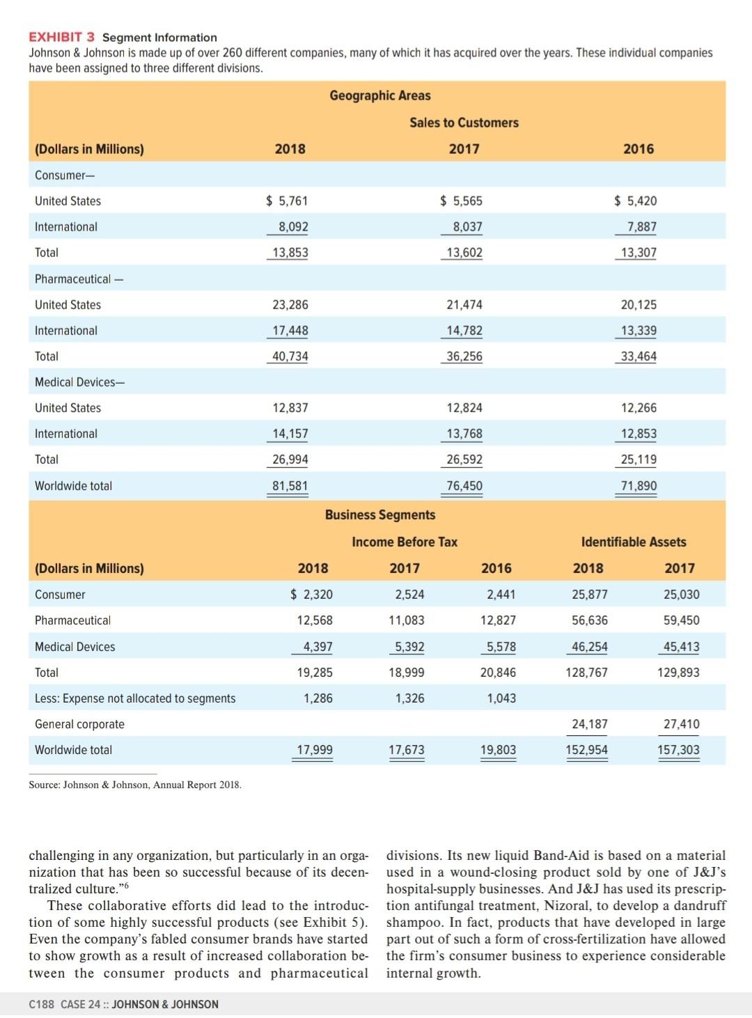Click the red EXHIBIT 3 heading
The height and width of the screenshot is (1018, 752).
pyautogui.click(x=61, y=37)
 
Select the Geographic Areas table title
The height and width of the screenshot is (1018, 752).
pyautogui.click(x=379, y=95)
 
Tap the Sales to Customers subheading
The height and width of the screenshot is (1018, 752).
pyautogui.click(x=464, y=123)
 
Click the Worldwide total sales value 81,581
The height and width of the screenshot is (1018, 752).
pyautogui.click(x=290, y=485)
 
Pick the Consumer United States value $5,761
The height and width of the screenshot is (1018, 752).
pyautogui.click(x=287, y=201)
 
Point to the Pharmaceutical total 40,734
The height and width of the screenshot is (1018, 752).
pyautogui.click(x=290, y=356)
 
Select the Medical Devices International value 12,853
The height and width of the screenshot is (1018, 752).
pyautogui.click(x=639, y=433)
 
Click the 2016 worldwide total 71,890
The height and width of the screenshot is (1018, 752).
pyautogui.click(x=639, y=485)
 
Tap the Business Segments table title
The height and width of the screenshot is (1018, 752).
pyautogui.click(x=379, y=515)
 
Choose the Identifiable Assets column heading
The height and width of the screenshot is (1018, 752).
pyautogui.click(x=633, y=542)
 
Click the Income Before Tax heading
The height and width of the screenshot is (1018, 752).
pyautogui.click(x=405, y=542)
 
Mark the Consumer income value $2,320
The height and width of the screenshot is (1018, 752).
pyautogui.click(x=311, y=594)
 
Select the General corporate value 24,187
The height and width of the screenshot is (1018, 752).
pyautogui.click(x=589, y=723)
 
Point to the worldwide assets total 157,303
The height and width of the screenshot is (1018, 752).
pyautogui.click(x=678, y=750)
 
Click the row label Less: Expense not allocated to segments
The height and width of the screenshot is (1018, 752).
pyautogui.click(x=135, y=698)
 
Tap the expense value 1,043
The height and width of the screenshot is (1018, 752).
pyautogui.click(x=501, y=698)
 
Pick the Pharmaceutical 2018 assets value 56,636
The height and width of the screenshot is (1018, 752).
pyautogui.click(x=589, y=620)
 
